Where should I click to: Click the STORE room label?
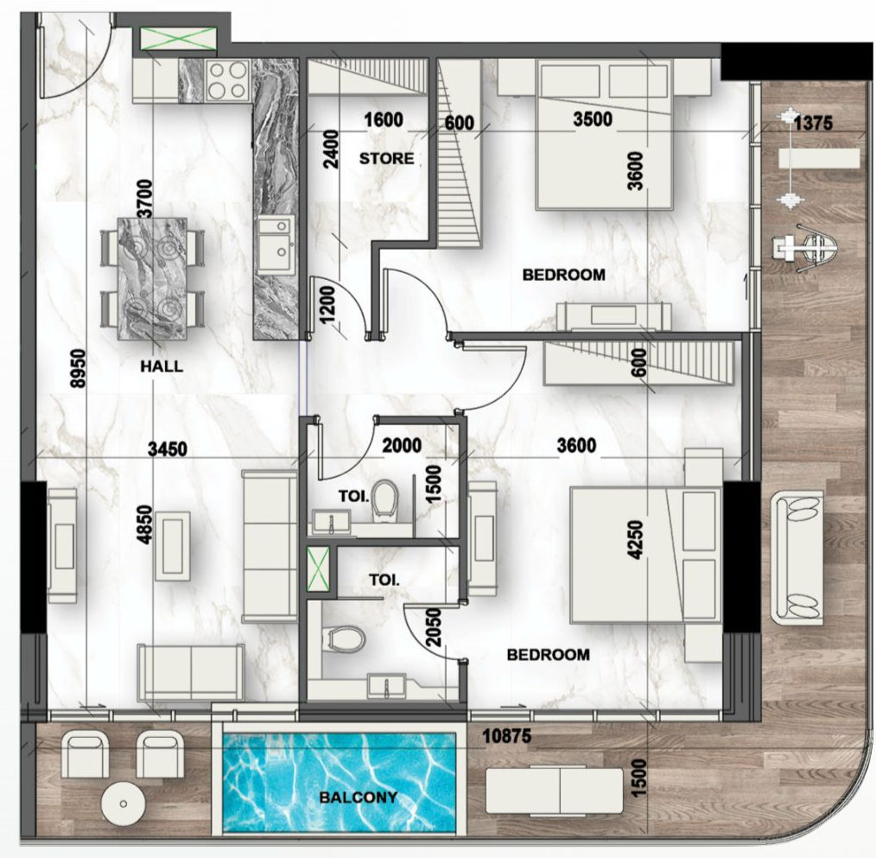[386, 159]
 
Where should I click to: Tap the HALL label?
[162, 366]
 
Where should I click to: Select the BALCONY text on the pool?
[359, 798]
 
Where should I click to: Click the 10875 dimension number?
[507, 738]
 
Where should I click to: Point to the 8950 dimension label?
[78, 366]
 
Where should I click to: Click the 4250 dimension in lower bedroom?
[637, 540]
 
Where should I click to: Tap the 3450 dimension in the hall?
[169, 448]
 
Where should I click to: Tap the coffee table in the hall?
[173, 545]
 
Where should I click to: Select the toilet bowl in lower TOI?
[345, 640]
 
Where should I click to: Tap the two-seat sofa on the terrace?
[797, 557]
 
